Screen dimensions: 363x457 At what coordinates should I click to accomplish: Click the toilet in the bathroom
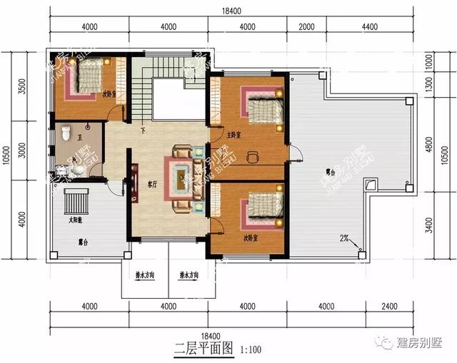[x=66, y=133]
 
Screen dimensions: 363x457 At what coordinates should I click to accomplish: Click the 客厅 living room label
[x=152, y=183]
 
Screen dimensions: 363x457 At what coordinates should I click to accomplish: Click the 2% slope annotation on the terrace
[x=344, y=238]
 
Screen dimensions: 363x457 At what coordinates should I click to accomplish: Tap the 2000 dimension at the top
[x=306, y=27]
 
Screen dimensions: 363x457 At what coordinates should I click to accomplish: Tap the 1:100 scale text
[x=251, y=350]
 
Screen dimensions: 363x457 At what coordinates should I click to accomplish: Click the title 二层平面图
[x=204, y=349]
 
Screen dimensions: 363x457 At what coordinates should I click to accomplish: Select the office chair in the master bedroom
[x=251, y=155]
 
